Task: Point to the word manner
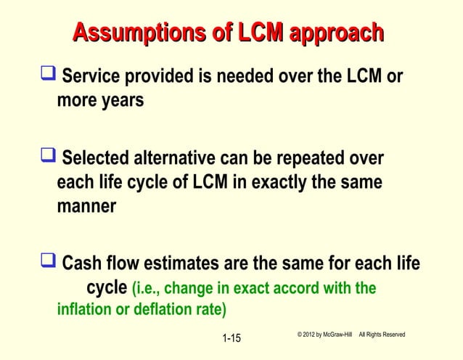[86, 205]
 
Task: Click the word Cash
[86, 263]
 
